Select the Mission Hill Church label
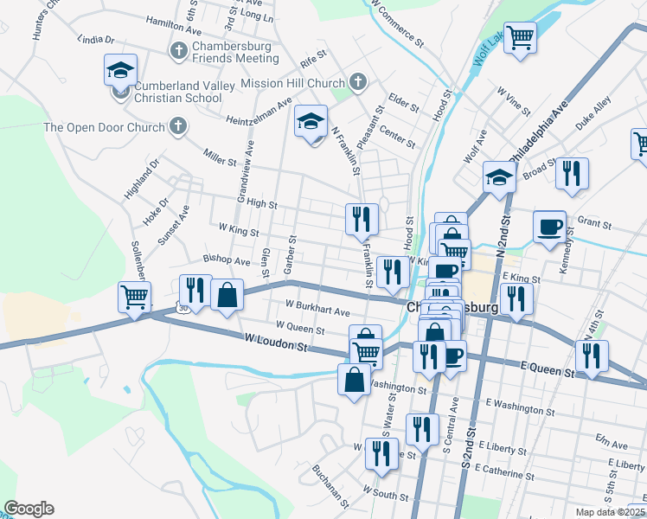[293, 83]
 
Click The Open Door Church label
[104, 128]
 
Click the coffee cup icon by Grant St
[549, 227]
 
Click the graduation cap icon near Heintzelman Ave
[311, 122]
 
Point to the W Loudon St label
[276, 344]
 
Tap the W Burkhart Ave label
[317, 307]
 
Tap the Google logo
[29, 509]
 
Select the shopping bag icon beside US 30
[226, 296]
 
